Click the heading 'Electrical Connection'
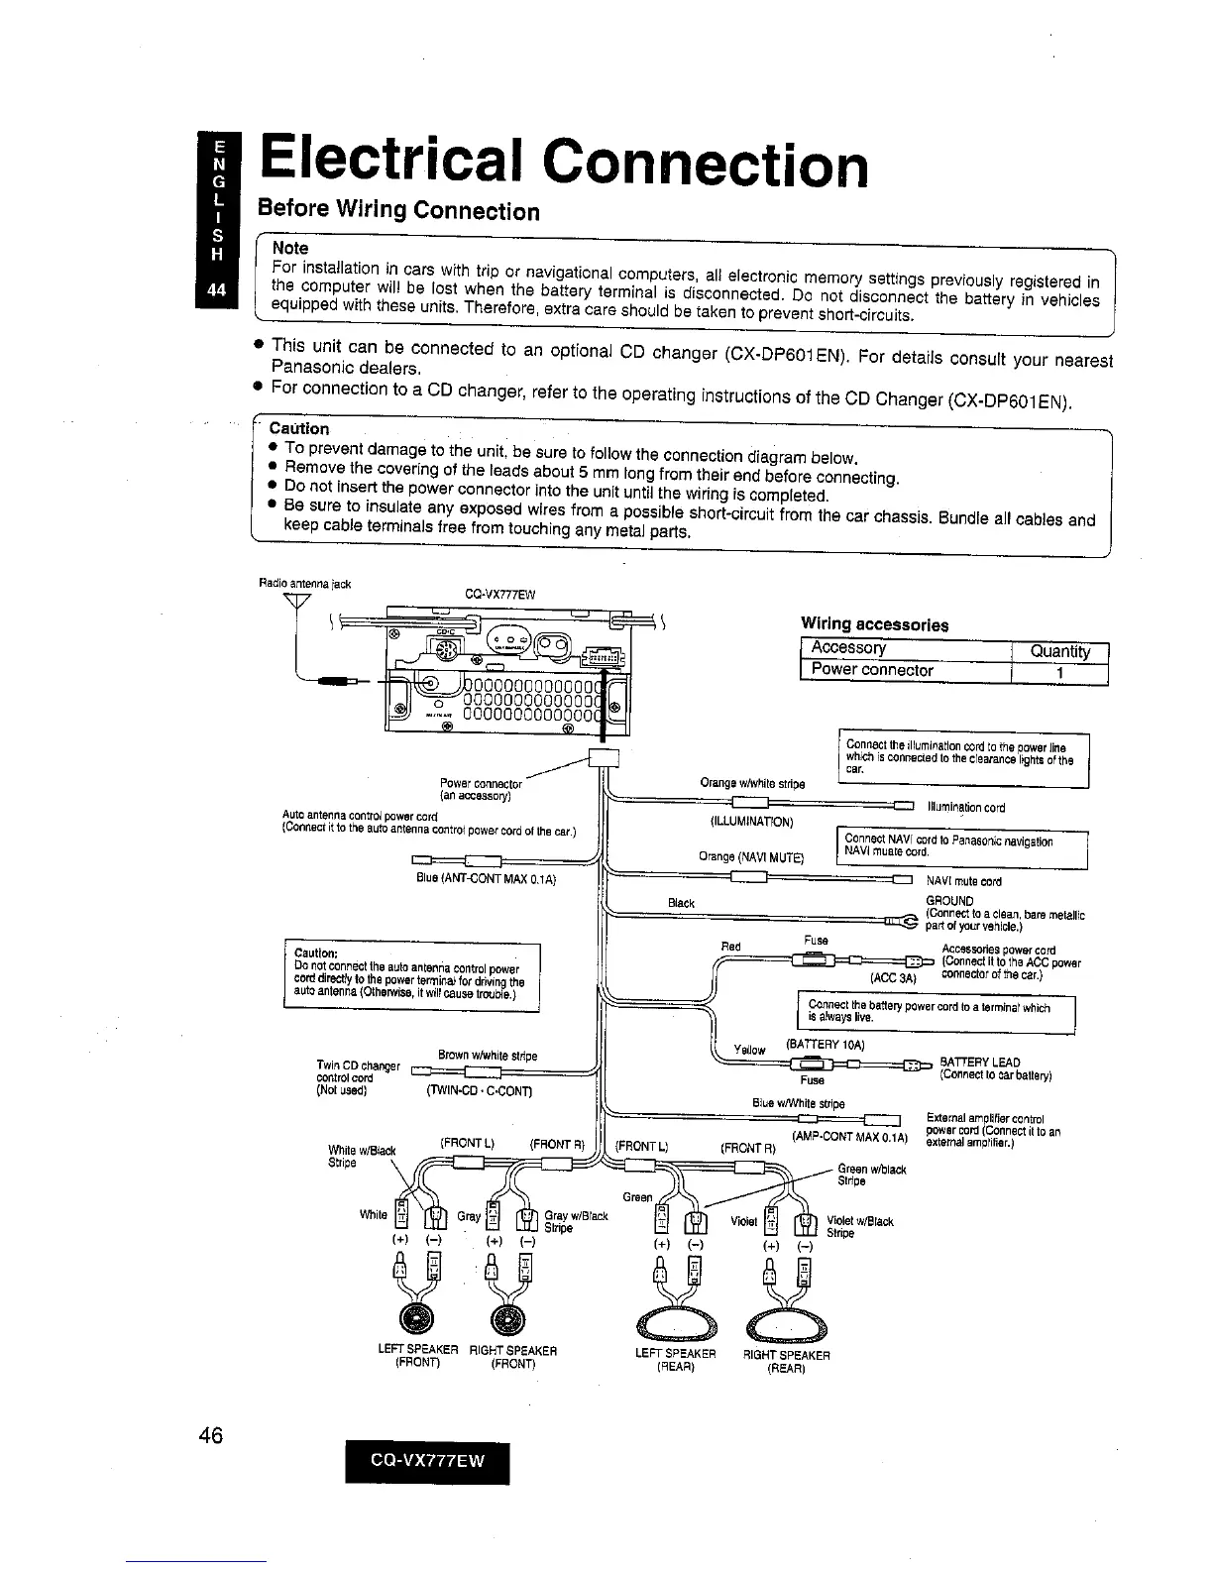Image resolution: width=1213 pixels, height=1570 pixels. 562,164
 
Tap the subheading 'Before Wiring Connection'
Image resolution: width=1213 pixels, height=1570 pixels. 398,211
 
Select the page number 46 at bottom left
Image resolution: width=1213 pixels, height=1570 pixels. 209,1436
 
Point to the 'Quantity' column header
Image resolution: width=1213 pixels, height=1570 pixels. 1059,651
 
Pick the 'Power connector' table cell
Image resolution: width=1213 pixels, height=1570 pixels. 872,670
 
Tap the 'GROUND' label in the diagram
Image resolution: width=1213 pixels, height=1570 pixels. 949,901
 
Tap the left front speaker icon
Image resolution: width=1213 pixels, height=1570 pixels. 413,1317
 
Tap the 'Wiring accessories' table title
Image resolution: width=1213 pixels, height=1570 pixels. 874,624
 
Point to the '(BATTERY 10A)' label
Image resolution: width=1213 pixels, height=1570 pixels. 826,1044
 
